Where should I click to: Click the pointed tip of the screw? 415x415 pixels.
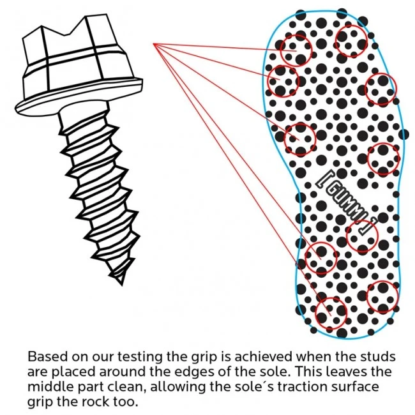[x=122, y=285]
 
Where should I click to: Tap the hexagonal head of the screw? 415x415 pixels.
[x=76, y=53]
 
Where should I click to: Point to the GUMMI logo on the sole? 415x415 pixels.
[x=347, y=202]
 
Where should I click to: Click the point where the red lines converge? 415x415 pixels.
[x=154, y=44]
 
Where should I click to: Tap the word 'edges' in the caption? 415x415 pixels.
[x=191, y=372]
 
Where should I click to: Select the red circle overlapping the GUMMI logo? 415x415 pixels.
[x=362, y=236]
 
